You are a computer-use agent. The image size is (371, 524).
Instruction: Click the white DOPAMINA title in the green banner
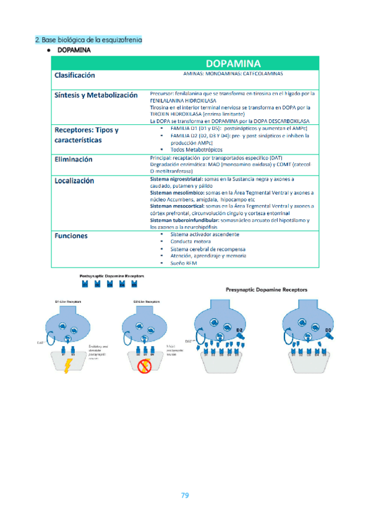pos(233,63)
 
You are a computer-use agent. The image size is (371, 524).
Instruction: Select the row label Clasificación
pos(75,75)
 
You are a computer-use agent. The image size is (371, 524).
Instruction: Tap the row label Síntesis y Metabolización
pos(96,95)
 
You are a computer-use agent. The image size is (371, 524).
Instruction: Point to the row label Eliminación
pos(74,159)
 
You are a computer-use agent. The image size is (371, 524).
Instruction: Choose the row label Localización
pos(74,180)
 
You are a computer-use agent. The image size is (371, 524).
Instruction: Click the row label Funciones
pos(71,235)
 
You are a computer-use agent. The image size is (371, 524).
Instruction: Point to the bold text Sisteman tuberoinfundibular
pos(183,221)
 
